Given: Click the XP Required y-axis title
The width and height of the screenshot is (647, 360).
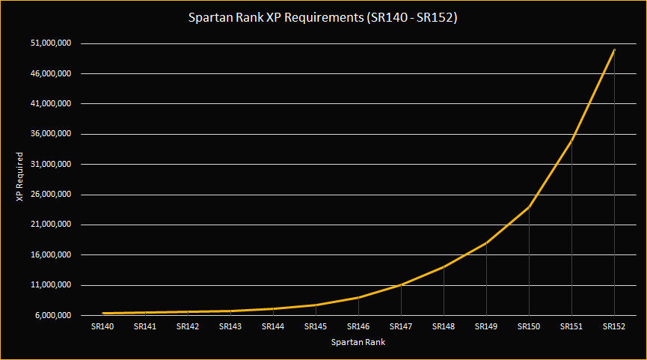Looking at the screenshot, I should pos(21,177).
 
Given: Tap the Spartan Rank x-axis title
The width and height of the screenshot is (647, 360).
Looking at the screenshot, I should pos(358,342).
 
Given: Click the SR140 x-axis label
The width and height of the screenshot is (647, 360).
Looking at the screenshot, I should pos(102,326).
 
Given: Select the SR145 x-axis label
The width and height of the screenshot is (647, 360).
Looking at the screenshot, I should pos(316,326).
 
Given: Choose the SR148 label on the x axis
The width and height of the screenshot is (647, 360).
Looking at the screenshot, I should pos(444,326).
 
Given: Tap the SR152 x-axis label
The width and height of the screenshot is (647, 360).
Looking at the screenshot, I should pos(614,326).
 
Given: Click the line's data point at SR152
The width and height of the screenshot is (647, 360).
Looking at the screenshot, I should pos(614,50).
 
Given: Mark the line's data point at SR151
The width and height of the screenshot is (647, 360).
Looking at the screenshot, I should pos(571,140).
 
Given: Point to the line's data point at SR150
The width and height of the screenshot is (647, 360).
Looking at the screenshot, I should pos(529,207).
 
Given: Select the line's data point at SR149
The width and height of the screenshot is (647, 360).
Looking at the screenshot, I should pos(486,242).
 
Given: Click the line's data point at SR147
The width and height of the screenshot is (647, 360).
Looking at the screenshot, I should pos(401,284).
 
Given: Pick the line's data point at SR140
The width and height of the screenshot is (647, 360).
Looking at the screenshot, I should pos(102,313).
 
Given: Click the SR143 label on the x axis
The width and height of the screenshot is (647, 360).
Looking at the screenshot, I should pos(230,326).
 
